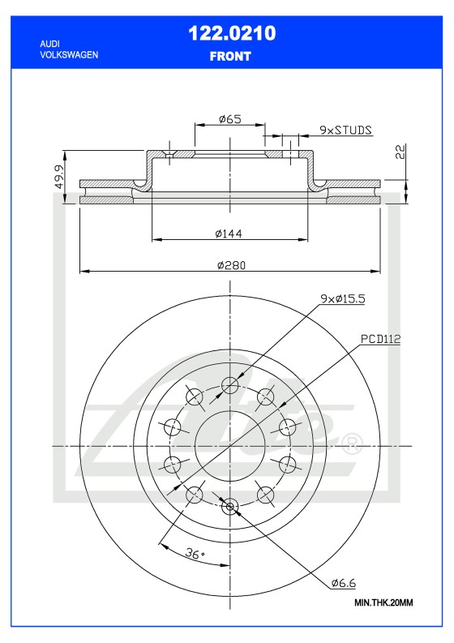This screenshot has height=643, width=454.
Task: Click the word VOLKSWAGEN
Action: coord(69,54)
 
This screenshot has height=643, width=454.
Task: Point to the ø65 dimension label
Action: coord(230,119)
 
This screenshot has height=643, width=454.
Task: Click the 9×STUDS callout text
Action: coord(345,129)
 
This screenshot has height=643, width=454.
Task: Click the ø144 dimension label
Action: coord(229,234)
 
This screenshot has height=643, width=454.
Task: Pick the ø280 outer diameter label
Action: coord(230,264)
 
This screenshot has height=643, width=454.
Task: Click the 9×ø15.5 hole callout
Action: coord(342,298)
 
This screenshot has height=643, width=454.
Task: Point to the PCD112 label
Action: coord(381,337)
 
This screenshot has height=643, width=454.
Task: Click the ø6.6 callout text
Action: coord(345,582)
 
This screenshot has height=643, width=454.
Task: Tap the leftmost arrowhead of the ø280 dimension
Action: coord(83,271)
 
